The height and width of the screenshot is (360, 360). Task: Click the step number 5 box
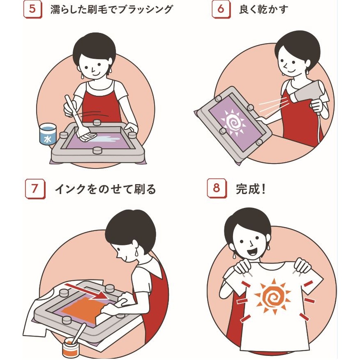pyautogui.click(x=32, y=9)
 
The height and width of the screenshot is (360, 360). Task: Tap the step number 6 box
pyautogui.click(x=221, y=9)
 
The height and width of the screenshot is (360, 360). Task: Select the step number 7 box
pyautogui.click(x=35, y=189)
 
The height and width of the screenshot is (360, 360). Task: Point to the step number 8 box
pyautogui.click(x=217, y=188)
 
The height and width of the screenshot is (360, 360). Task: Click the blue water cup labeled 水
pyautogui.click(x=48, y=134)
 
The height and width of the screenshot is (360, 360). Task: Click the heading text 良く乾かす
pyautogui.click(x=263, y=9)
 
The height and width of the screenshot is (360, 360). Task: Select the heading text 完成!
pyautogui.click(x=251, y=189)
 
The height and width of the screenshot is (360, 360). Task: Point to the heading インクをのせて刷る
pyautogui.click(x=105, y=189)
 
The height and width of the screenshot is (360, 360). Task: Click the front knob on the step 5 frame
pyautogui.click(x=97, y=150)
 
